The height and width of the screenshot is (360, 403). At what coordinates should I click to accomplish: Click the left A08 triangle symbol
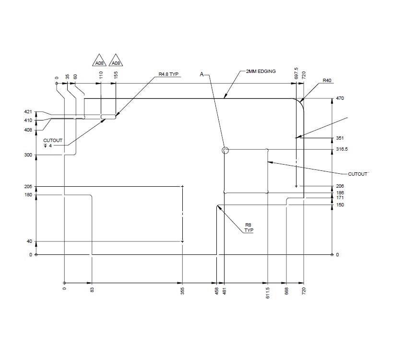point(99,61)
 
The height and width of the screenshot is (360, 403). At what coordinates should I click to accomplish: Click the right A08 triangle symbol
point(116,61)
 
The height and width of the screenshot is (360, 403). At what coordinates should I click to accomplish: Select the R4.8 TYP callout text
point(168,75)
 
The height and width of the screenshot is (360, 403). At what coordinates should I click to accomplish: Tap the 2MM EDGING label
point(261,71)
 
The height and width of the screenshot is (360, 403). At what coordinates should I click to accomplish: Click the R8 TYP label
point(249,228)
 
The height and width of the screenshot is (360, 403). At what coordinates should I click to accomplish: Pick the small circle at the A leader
point(225,151)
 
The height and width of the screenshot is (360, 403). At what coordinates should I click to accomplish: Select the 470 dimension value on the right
point(341,98)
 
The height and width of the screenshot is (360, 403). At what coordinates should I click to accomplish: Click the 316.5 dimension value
point(342,149)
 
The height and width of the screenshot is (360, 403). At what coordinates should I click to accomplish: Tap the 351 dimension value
point(340,138)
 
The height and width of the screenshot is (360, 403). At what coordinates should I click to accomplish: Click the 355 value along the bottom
point(183,291)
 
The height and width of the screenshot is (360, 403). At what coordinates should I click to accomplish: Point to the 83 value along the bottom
point(92,290)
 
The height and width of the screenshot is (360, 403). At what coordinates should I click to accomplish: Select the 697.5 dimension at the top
point(296,73)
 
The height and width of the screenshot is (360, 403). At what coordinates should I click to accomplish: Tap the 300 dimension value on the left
point(28,155)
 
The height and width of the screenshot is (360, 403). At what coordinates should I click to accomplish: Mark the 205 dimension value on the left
point(28,186)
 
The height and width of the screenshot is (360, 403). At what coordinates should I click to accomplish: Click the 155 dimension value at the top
point(116,76)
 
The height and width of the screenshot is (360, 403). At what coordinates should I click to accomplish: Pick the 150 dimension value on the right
point(340,205)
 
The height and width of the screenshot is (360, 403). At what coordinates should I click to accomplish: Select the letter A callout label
point(202,74)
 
